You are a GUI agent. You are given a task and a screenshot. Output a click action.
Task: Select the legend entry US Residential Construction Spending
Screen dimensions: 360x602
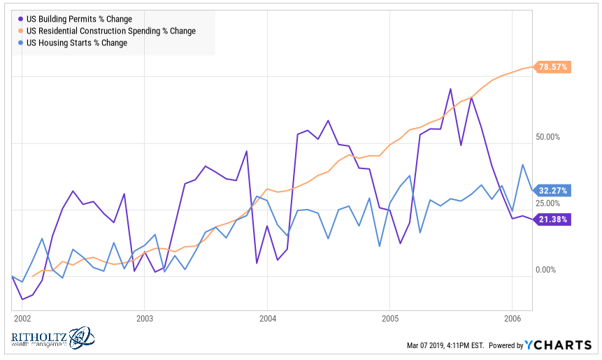click(x=110, y=31)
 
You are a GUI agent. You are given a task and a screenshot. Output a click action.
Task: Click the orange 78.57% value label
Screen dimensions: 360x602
click(x=554, y=67)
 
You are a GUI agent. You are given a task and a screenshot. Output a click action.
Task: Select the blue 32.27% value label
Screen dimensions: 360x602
click(x=554, y=190)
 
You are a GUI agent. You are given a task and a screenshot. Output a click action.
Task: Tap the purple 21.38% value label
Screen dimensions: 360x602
click(x=554, y=219)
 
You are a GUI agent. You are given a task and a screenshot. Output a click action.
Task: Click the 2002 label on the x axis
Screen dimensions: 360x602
click(x=22, y=318)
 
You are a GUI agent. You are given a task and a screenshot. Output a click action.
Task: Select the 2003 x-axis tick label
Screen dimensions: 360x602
click(x=144, y=318)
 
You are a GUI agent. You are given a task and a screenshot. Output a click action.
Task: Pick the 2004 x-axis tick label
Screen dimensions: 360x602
click(x=267, y=318)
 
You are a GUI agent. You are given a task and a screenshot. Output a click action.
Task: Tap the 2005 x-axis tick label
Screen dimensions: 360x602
click(x=390, y=318)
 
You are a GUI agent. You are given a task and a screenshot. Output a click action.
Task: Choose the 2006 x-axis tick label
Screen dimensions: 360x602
click(x=512, y=318)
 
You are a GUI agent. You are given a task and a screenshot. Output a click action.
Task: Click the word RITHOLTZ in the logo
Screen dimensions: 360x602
click(x=38, y=337)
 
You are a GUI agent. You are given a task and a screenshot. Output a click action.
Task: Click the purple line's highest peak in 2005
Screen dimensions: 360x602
click(x=450, y=89)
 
